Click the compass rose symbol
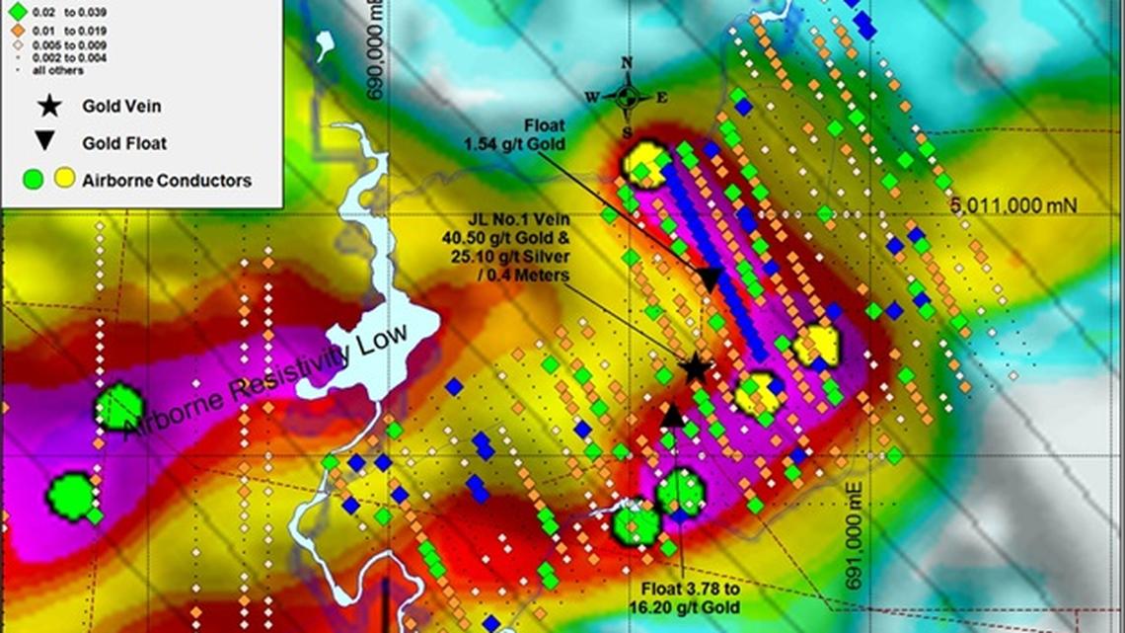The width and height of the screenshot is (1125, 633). pos(627,96)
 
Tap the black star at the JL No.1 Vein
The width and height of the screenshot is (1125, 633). pos(695,368)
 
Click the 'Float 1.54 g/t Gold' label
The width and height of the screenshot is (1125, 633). pos(529,135)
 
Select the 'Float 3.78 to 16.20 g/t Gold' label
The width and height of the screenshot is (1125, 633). pos(689,593)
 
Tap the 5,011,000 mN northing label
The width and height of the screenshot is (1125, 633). pos(1014,205)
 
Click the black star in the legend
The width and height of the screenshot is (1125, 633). pos(46,107)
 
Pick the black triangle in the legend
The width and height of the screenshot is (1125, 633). pos(46,142)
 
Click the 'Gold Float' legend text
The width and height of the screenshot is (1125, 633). pos(124,143)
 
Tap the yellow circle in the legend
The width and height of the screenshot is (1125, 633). pos(64,179)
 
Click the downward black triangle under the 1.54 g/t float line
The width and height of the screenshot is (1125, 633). pos(710,279)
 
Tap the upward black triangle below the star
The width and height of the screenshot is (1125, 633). pos(673,415)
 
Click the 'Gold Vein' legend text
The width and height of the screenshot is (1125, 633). pos(121,107)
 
